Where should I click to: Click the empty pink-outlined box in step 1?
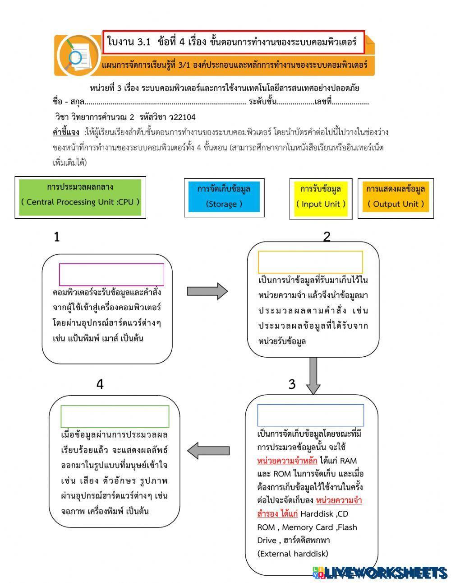click(x=111, y=275)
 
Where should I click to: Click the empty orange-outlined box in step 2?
click(x=310, y=262)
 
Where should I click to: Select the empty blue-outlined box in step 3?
click(x=310, y=415)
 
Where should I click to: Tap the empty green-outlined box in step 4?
click(x=115, y=416)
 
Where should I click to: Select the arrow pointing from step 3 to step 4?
click(x=208, y=450)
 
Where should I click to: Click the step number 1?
click(x=56, y=237)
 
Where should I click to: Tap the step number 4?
click(x=100, y=384)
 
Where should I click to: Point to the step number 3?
click(x=292, y=384)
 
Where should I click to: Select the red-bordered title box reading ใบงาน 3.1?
click(x=233, y=42)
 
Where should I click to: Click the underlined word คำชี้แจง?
click(x=66, y=132)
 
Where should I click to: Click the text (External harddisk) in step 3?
click(x=293, y=554)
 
